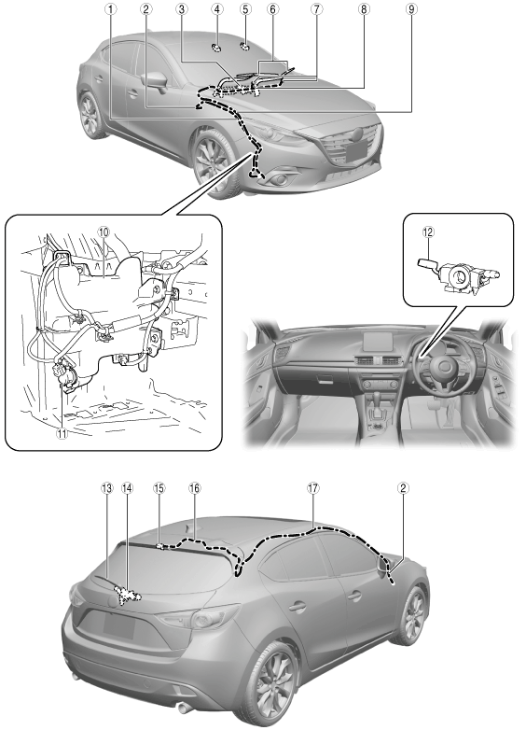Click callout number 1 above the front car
click(110, 8)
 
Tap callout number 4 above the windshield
click(216, 8)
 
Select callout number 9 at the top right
click(411, 8)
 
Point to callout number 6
click(273, 8)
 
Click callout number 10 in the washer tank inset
click(103, 232)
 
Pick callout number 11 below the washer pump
click(62, 433)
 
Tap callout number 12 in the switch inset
click(428, 232)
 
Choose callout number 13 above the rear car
click(107, 488)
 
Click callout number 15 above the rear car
click(159, 488)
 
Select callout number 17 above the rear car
click(313, 488)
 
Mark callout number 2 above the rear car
click(403, 488)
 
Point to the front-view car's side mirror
click(155, 82)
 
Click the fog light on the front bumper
click(284, 178)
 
